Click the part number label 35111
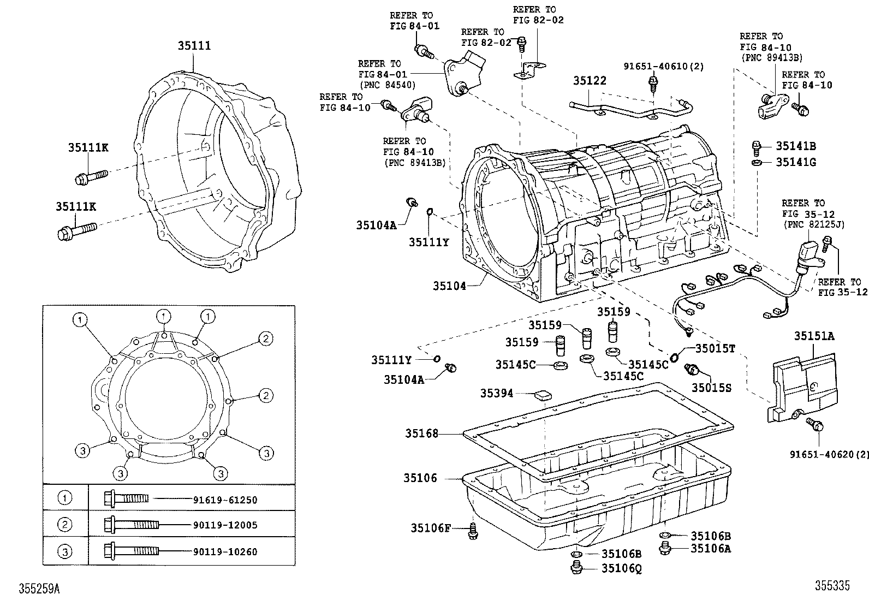pos(194,46)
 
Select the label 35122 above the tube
pos(590,81)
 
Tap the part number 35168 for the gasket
pos(421,433)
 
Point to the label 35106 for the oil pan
pos(420,478)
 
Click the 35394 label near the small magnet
pos(496,393)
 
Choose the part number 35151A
pos(814,336)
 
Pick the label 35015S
pos(711,388)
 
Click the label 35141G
pos(796,162)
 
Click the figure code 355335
pos(832,586)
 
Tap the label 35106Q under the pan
pos(621,568)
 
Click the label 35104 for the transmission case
pos(449,286)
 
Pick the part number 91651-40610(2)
pos(663,67)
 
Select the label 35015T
pos(715,348)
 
